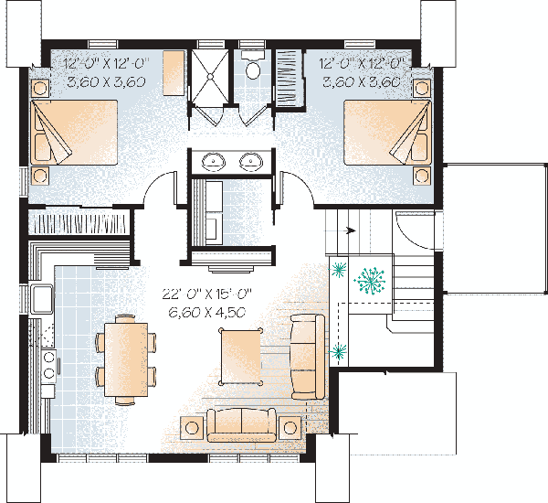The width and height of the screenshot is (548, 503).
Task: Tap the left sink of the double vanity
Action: (216, 162)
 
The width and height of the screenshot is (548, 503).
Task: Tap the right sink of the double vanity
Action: (250, 162)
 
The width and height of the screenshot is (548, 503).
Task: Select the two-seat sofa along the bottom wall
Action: (241, 424)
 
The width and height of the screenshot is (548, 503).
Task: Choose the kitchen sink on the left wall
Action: (41, 298)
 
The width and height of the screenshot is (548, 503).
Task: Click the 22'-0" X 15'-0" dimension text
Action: (208, 294)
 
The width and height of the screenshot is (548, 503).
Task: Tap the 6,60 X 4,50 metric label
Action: (208, 312)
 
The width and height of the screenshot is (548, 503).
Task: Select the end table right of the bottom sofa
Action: (290, 427)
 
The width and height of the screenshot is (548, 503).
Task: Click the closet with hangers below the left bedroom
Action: (78, 223)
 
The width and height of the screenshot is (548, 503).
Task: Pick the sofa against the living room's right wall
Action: (305, 355)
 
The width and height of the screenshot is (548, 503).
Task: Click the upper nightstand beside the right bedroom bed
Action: (421, 88)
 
